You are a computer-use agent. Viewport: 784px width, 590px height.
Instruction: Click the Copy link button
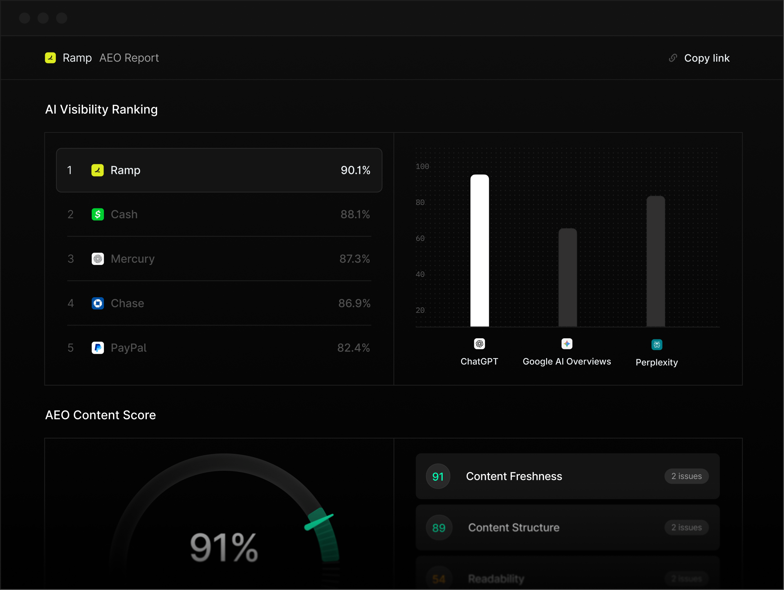pos(700,58)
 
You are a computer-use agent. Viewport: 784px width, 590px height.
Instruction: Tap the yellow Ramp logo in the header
pos(50,58)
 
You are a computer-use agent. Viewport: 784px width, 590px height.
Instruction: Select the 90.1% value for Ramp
pos(355,170)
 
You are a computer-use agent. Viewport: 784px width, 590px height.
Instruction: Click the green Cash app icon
pos(98,214)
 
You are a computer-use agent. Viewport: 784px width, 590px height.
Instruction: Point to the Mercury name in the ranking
pos(133,259)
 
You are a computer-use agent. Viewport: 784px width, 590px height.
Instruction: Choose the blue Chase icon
pos(98,303)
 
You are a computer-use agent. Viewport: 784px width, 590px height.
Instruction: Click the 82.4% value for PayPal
pos(353,348)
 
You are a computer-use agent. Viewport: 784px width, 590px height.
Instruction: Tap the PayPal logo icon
pos(98,348)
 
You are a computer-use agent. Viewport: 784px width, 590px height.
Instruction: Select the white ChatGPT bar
pos(479,251)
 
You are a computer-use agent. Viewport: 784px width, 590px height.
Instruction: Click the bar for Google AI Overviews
pos(567,277)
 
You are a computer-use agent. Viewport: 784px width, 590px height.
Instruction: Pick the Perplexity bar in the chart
pos(656,261)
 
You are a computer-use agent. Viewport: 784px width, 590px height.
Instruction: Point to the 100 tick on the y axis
pos(422,167)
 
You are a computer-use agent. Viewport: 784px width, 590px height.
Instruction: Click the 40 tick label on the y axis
pos(420,274)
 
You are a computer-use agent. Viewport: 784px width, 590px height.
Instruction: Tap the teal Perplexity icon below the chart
pos(657,345)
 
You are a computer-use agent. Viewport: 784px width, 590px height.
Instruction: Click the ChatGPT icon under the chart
pos(479,344)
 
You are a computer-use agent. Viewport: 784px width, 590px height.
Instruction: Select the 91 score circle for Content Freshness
pos(438,477)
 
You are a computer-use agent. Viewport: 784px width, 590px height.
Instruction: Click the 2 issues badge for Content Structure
pos(686,528)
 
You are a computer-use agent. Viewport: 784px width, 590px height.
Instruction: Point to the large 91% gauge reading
pos(224,548)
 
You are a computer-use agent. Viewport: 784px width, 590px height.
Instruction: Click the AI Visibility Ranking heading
pos(101,109)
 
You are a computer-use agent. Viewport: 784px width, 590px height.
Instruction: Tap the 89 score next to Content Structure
pos(439,528)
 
